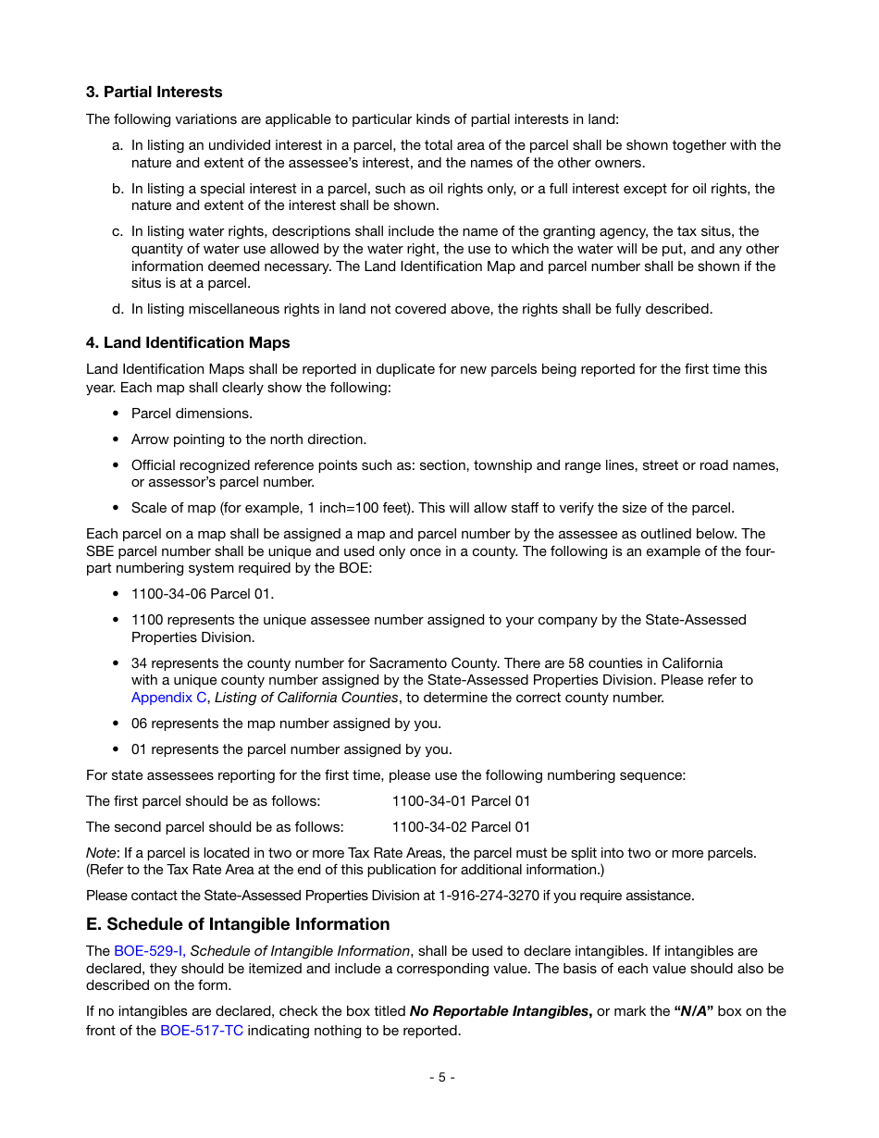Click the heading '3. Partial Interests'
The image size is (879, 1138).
(x=154, y=92)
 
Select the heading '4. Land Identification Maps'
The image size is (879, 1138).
(x=188, y=342)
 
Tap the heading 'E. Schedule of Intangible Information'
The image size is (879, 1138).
(x=238, y=923)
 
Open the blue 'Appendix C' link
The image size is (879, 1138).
(x=168, y=698)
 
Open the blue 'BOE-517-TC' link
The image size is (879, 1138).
(x=202, y=1030)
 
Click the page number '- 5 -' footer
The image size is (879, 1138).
(x=441, y=1077)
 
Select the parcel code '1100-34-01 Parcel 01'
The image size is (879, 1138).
(x=461, y=800)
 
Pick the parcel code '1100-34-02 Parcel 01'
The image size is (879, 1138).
(x=461, y=826)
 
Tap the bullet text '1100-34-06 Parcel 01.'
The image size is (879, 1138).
(x=203, y=593)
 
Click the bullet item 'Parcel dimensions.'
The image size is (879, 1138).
(x=192, y=413)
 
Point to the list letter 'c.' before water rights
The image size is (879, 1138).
(x=118, y=231)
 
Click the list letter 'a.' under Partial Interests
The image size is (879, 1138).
(x=118, y=145)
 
